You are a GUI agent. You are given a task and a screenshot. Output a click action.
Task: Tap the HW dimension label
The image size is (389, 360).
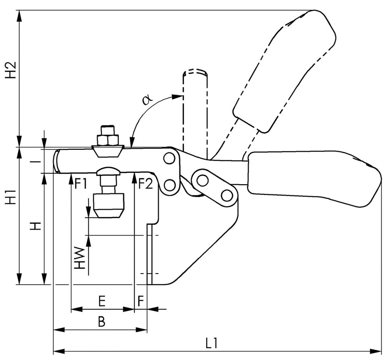[80, 258]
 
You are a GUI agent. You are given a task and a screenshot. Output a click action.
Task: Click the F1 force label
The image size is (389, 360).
[81, 183]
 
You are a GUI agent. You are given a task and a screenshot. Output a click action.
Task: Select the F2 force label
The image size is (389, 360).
[145, 183]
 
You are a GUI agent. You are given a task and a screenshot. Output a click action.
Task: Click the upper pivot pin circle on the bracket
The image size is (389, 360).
[169, 158]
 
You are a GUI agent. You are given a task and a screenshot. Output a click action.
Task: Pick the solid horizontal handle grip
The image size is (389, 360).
[311, 177]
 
